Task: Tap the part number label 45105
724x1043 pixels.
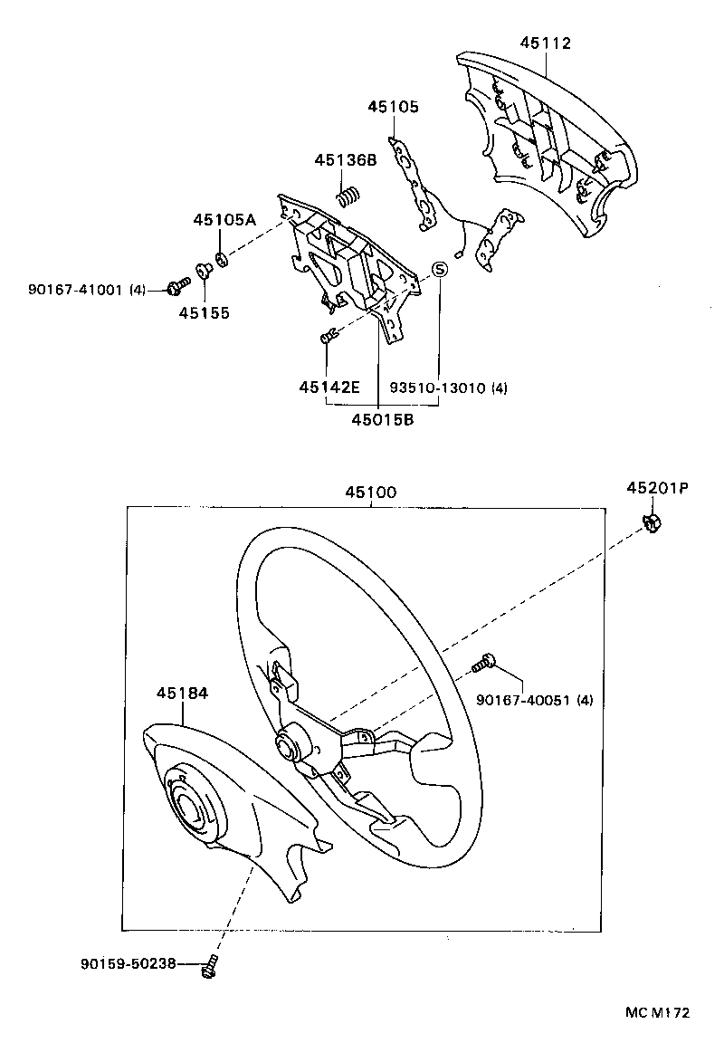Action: (x=393, y=107)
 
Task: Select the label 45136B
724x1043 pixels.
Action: (x=345, y=160)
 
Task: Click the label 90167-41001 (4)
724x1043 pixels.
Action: (x=87, y=290)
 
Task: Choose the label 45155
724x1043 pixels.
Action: (x=204, y=313)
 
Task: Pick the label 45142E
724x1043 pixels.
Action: (x=329, y=388)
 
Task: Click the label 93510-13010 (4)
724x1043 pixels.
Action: (x=448, y=388)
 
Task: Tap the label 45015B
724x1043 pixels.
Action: (x=384, y=419)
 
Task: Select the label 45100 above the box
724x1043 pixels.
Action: (x=369, y=493)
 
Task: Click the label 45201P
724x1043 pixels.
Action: (x=657, y=488)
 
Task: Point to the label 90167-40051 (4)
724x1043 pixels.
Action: (x=534, y=699)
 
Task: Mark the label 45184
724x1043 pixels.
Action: (x=182, y=693)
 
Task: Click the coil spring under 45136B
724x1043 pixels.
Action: (x=348, y=195)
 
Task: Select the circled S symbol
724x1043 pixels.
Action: (x=439, y=269)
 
